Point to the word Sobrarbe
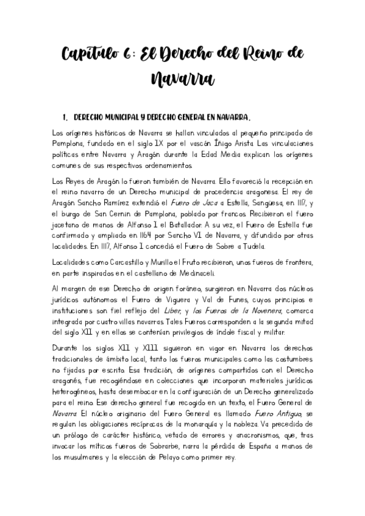coord(180,446)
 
